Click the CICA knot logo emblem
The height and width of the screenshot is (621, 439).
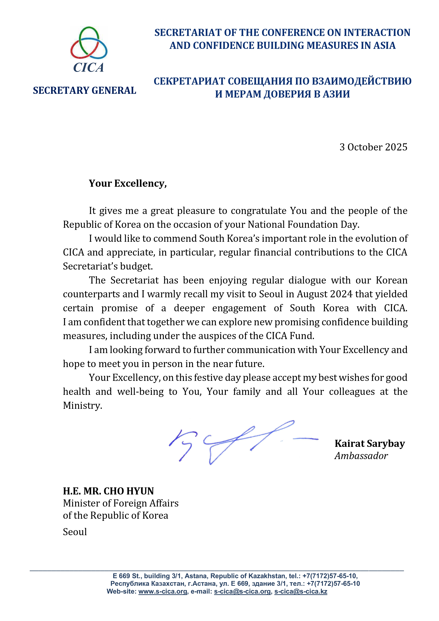pyautogui.click(x=89, y=43)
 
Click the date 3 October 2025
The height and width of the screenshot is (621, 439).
pyautogui.click(x=373, y=147)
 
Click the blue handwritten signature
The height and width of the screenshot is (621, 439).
pyautogui.click(x=238, y=441)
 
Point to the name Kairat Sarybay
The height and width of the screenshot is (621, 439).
pyautogui.click(x=369, y=443)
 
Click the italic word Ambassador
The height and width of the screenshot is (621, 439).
pyautogui.click(x=361, y=456)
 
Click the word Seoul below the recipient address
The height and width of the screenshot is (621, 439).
pyautogui.click(x=75, y=532)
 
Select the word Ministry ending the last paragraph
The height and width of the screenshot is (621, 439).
pyautogui.click(x=82, y=405)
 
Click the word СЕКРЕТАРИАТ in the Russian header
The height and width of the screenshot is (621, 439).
pyautogui.click(x=189, y=81)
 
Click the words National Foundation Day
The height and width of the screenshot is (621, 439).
pyautogui.click(x=303, y=224)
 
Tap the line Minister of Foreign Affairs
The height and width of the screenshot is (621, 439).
pyautogui.click(x=121, y=503)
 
